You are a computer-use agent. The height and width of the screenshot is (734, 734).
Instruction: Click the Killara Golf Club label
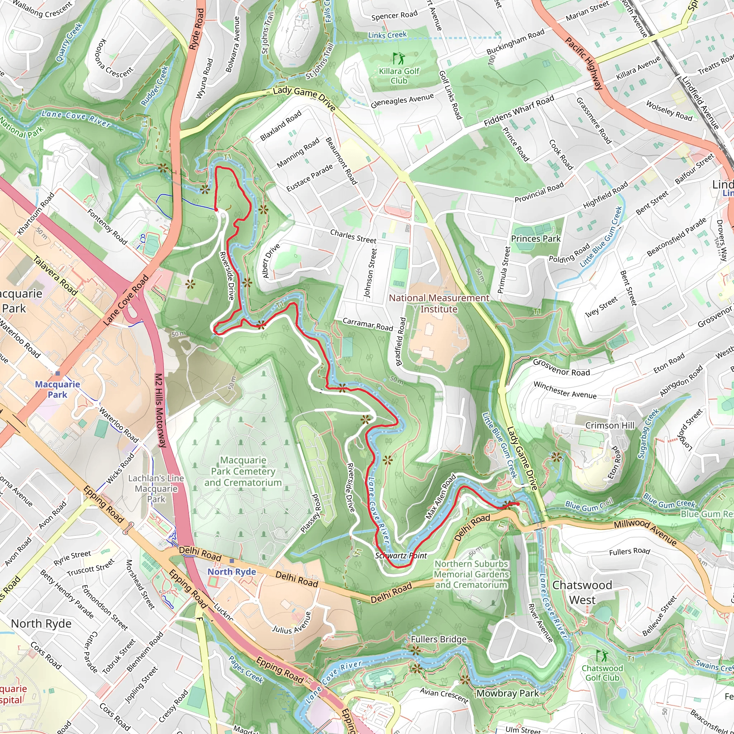pyautogui.click(x=399, y=76)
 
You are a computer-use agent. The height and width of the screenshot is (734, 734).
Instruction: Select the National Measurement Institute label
pyautogui.click(x=439, y=303)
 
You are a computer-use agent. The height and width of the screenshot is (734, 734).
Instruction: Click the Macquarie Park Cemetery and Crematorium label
pyautogui.click(x=243, y=471)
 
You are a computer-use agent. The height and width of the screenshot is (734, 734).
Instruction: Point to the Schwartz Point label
pyautogui.click(x=401, y=556)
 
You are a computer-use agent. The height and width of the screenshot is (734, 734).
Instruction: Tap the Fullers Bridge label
pyautogui.click(x=438, y=639)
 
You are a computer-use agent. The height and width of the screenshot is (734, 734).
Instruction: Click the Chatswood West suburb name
pyautogui.click(x=582, y=592)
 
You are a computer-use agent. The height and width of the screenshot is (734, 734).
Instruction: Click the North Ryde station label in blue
pyautogui.click(x=232, y=571)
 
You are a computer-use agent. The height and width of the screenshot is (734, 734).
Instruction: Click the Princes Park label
pyautogui.click(x=535, y=239)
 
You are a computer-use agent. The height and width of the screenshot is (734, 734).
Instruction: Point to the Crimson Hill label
pyautogui.click(x=610, y=425)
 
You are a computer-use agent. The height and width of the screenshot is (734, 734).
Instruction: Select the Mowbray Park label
pyautogui.click(x=507, y=694)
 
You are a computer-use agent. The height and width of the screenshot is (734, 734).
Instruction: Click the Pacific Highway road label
pyautogui.click(x=584, y=63)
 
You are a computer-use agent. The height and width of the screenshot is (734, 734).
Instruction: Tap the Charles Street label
pyautogui.click(x=353, y=236)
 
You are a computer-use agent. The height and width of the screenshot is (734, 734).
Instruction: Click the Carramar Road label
pyautogui.click(x=368, y=324)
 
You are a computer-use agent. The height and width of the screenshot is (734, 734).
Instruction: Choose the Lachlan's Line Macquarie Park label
pyautogui.click(x=156, y=488)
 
